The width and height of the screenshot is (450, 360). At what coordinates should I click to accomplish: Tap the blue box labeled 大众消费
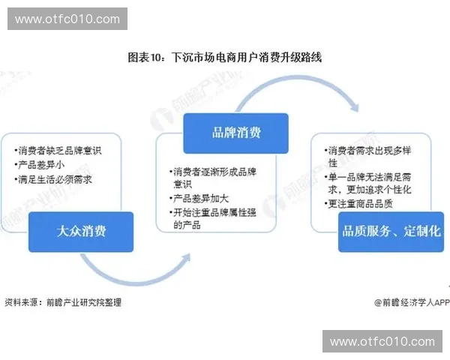coord(81,231)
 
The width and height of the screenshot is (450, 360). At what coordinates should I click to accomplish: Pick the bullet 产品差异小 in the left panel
coord(42,164)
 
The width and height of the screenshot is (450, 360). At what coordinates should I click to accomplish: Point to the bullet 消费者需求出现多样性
coord(370,155)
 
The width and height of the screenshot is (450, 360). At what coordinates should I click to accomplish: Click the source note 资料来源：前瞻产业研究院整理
coord(63,302)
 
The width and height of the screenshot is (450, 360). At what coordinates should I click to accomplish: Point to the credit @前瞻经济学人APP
coord(412,302)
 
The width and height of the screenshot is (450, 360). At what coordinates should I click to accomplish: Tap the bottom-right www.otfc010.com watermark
coord(382,341)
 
